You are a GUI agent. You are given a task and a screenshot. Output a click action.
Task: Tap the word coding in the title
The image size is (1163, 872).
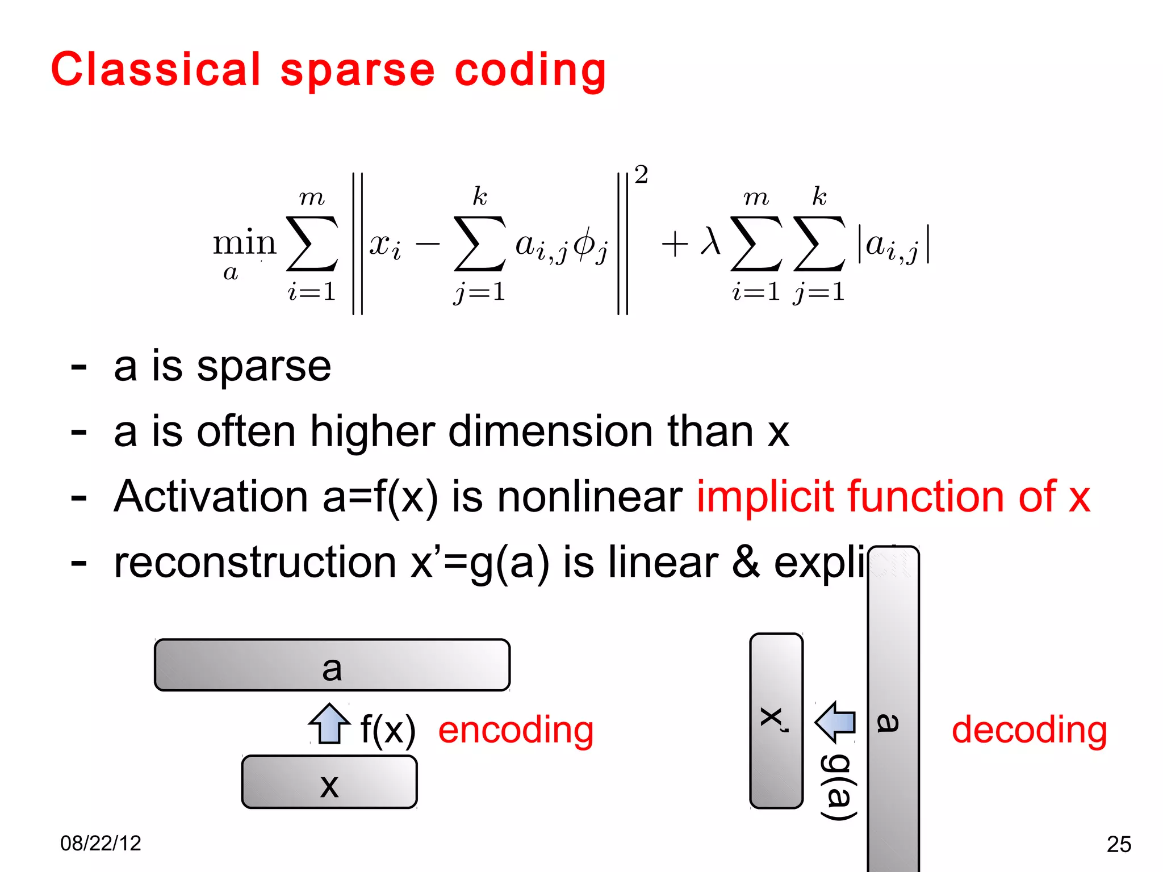point(530,70)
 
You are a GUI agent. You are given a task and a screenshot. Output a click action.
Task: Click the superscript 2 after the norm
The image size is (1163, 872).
point(641,175)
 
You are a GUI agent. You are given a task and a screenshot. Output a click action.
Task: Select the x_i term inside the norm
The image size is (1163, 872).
point(385,245)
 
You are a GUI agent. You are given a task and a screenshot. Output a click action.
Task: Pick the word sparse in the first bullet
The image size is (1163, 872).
point(263,367)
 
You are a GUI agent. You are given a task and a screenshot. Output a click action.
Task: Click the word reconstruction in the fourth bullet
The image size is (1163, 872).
point(255,562)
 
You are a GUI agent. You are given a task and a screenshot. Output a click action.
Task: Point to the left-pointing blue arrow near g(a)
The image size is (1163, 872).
point(836,722)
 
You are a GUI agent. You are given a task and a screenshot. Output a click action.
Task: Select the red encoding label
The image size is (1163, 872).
point(516,730)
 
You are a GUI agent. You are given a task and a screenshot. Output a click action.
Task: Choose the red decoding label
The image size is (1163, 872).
point(1029,730)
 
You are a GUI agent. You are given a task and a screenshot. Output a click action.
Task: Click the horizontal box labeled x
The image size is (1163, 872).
point(329,782)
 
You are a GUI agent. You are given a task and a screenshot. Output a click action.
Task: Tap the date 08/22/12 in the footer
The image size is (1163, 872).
point(101,843)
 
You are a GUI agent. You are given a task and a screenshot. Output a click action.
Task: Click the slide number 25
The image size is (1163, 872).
point(1119,844)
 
